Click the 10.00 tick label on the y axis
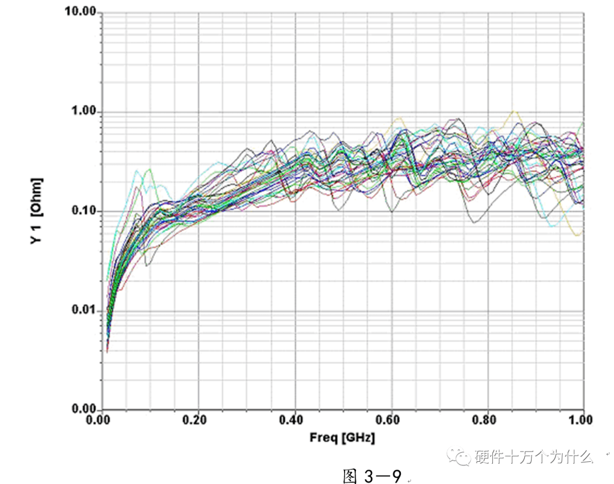[81, 13]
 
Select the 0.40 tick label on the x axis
[294, 420]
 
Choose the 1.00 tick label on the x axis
[581, 420]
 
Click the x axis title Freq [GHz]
[342, 438]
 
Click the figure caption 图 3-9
[372, 475]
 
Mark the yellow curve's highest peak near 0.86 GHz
[514, 111]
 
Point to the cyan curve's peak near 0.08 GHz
[136, 171]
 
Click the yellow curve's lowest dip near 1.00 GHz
[578, 235]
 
